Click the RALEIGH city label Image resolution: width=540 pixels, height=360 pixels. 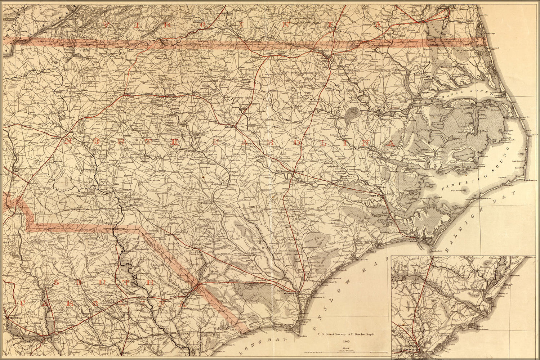coord(229,127)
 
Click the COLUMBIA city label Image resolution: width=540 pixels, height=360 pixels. coord(15,319)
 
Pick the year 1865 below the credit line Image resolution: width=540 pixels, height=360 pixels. coord(347,341)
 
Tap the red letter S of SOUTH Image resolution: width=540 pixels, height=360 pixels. coord(56,282)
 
